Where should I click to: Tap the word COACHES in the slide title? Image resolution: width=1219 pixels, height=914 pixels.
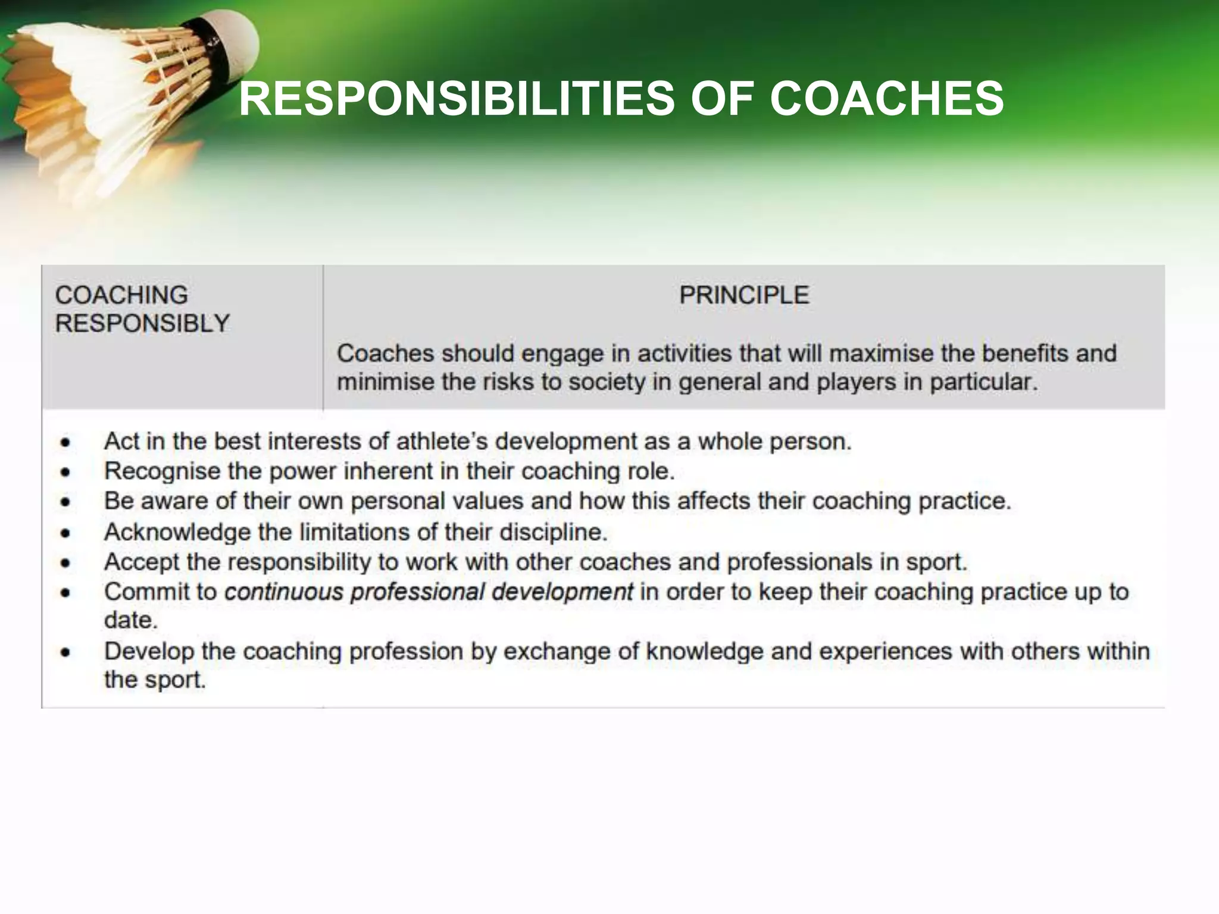coord(887,99)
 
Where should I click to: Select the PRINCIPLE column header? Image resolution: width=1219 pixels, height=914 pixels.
coord(744,295)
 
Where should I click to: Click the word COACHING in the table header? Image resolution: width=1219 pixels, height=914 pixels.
coord(121,295)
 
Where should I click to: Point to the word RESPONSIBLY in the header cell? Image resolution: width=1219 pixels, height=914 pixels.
coord(142,324)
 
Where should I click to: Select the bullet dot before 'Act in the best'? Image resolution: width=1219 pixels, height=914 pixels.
coord(65,443)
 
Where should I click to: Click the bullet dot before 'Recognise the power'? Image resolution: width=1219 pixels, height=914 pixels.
coord(65,472)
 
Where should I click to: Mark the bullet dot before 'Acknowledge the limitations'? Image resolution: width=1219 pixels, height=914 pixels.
coord(65,533)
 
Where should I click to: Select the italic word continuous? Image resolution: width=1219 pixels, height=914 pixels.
coord(284,592)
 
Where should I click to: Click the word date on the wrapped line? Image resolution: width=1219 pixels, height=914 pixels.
coord(130,621)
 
